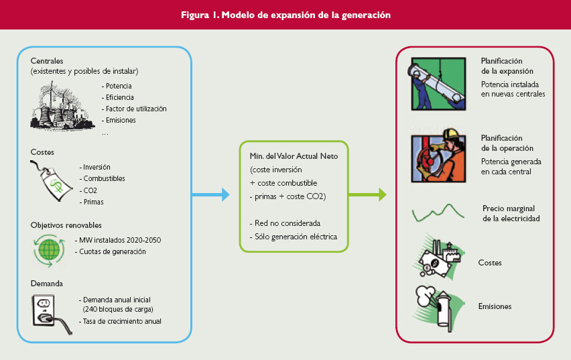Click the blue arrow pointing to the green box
(210, 194)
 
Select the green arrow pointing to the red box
(367, 194)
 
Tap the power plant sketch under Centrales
(61, 106)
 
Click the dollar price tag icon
(50, 181)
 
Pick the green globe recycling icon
(49, 250)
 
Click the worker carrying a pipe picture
(438, 84)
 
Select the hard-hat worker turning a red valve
(438, 156)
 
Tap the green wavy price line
(438, 213)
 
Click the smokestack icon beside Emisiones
(438, 308)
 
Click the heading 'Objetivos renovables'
(66, 225)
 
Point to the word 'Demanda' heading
(47, 284)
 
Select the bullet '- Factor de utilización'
(134, 109)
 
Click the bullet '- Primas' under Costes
(91, 202)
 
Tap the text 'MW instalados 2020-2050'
(120, 240)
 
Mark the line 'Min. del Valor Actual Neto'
(294, 156)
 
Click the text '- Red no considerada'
(285, 223)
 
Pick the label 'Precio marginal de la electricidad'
(511, 214)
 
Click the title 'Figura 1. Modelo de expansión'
(286, 15)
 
